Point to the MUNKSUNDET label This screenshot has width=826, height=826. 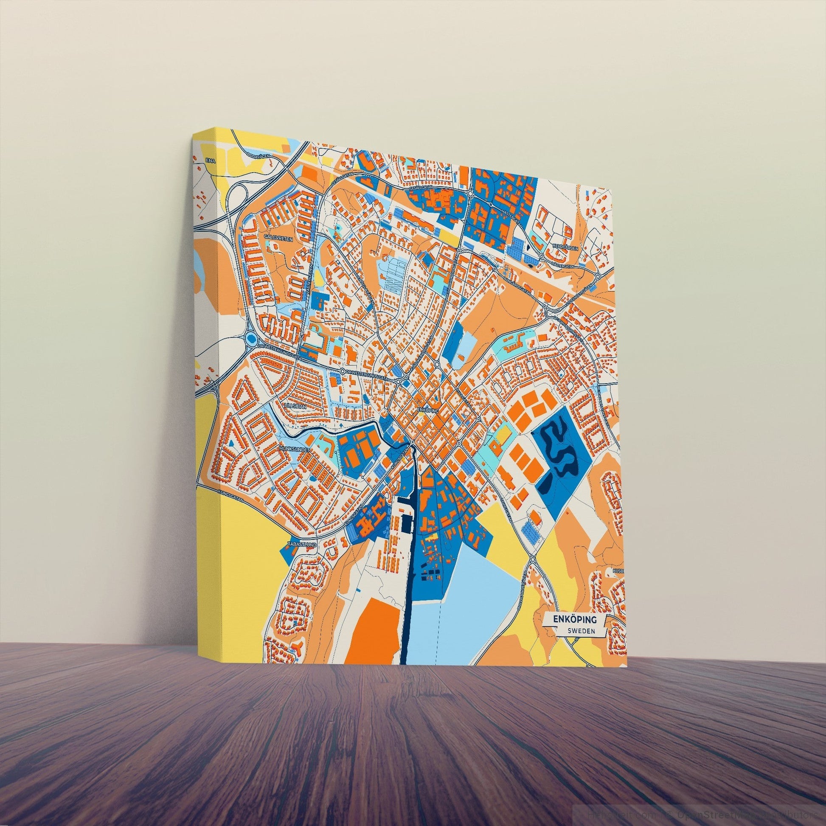point(295,449)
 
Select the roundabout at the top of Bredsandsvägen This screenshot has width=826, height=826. point(533,559)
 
